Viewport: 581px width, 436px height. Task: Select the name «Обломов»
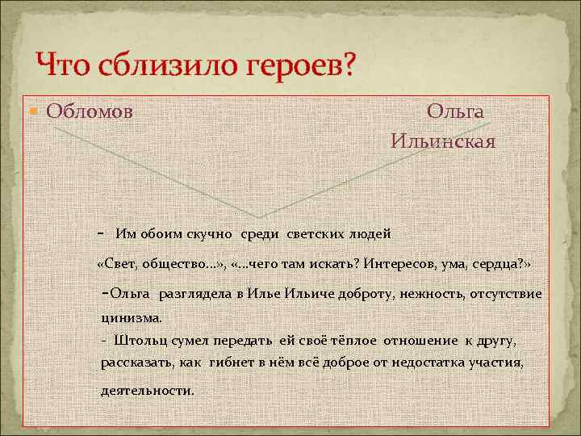90,111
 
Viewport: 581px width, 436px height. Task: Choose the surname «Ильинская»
443,140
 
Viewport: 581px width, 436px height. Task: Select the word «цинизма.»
132,317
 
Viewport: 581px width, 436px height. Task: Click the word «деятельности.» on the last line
148,390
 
